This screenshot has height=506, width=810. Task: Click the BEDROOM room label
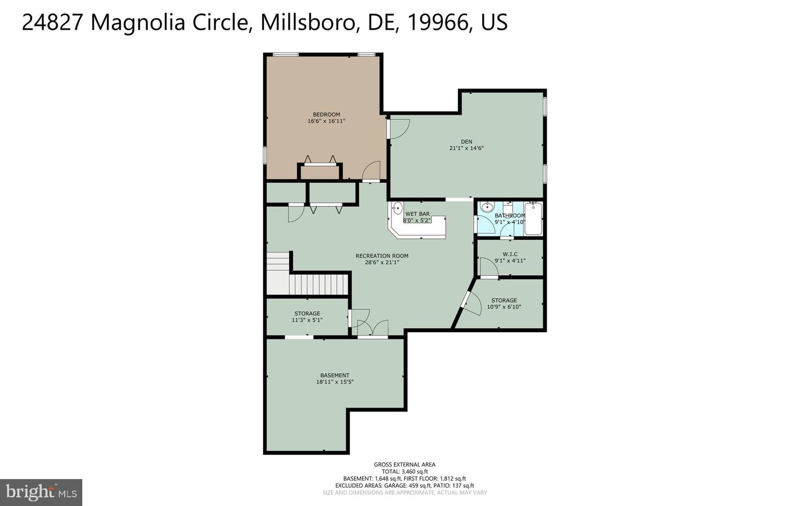[x=326, y=114]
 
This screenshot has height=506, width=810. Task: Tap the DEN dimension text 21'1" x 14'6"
[x=466, y=148]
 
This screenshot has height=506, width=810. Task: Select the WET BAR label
[x=417, y=214]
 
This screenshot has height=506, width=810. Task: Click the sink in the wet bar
[x=397, y=208]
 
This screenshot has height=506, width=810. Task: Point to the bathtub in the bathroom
[x=533, y=218]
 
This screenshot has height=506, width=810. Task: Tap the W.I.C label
[x=510, y=254]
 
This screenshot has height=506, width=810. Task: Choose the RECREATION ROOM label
[x=382, y=256]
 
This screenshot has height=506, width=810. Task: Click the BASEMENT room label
[x=335, y=375]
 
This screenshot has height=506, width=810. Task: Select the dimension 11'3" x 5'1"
[x=307, y=320]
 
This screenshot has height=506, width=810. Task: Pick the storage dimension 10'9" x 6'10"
[x=504, y=307]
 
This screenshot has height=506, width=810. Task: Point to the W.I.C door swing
[x=488, y=267]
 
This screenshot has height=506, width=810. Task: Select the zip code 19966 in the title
[x=436, y=22]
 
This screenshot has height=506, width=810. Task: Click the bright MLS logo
[x=41, y=492]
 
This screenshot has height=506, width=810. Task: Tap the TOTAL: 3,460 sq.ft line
[x=404, y=472]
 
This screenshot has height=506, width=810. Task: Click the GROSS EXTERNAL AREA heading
[x=404, y=464]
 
